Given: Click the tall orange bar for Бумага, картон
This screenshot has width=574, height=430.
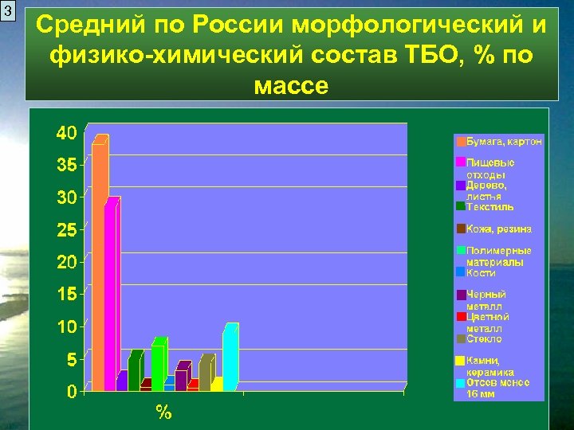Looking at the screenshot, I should [100, 263].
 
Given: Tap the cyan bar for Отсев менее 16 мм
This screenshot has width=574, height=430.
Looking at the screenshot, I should [230, 358].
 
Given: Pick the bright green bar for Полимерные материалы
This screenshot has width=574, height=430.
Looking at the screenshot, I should [159, 366].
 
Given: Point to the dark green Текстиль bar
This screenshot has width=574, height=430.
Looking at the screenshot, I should [135, 372].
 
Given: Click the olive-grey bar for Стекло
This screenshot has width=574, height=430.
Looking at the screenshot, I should [206, 374].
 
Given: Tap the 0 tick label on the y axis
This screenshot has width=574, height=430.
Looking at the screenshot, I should [72, 392].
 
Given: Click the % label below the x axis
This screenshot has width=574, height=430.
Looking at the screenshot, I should [163, 412].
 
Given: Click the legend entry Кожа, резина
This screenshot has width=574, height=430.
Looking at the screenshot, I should [499, 229].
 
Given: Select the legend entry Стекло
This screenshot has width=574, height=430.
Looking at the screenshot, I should [484, 338].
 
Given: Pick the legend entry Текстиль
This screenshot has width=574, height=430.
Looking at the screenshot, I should [490, 206].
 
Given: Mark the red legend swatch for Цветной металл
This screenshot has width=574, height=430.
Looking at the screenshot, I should [461, 317].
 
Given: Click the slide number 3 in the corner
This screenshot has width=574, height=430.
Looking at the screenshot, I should [8, 12].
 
